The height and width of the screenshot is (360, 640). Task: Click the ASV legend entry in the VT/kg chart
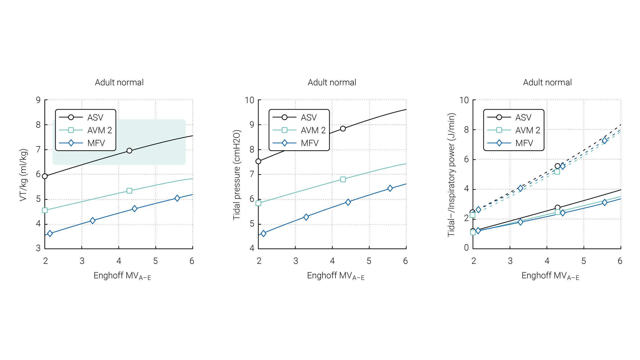pyautogui.click(x=85, y=117)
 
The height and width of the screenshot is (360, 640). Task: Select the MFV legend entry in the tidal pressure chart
pyautogui.click(x=299, y=143)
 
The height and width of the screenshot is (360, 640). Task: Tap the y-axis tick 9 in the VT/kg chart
pyautogui.click(x=38, y=100)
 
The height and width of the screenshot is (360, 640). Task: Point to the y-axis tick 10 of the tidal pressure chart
pyautogui.click(x=250, y=100)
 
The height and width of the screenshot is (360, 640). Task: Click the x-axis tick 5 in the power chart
pyautogui.click(x=583, y=261)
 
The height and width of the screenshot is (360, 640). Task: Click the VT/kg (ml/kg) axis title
pyautogui.click(x=23, y=175)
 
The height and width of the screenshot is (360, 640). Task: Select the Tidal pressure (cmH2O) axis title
pyautogui.click(x=237, y=175)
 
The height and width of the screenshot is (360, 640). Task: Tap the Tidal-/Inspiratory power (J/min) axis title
pyautogui.click(x=451, y=175)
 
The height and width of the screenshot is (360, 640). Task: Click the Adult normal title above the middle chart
pyautogui.click(x=332, y=82)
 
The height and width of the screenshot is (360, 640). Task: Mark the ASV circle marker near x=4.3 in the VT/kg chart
pyautogui.click(x=129, y=151)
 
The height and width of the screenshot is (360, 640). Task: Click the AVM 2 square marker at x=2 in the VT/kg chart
pyautogui.click(x=45, y=210)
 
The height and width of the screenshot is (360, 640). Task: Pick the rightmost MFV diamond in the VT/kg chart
pyautogui.click(x=177, y=198)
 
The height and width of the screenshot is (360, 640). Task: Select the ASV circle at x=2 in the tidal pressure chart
pyautogui.click(x=258, y=161)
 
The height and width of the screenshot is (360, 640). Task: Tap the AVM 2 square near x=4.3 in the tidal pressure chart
pyautogui.click(x=343, y=179)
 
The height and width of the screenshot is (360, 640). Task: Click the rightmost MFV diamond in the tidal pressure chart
pyautogui.click(x=390, y=188)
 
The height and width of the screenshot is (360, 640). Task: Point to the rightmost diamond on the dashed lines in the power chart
pyautogui.click(x=605, y=141)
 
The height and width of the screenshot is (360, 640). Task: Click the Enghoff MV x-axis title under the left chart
pyautogui.click(x=122, y=276)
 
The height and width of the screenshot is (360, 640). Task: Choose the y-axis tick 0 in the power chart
pyautogui.click(x=466, y=248)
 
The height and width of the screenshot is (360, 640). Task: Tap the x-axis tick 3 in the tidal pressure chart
pyautogui.click(x=295, y=261)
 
